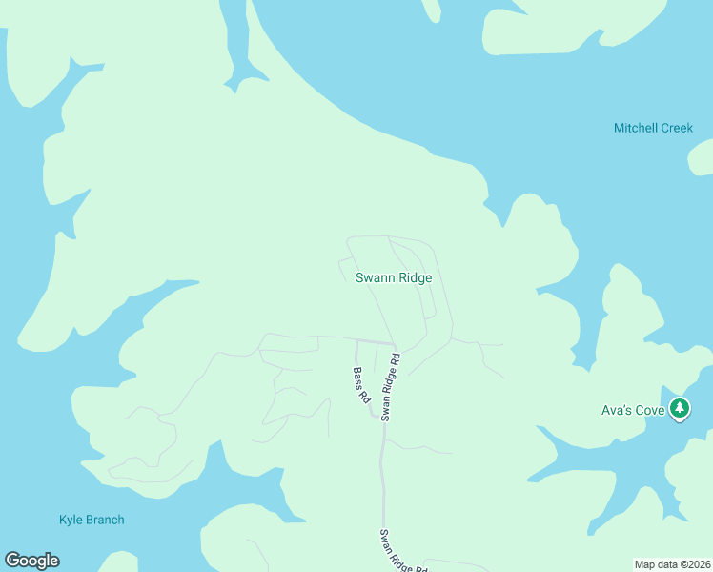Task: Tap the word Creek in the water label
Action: tap(677, 128)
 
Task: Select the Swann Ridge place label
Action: tap(394, 278)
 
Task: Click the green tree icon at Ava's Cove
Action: tap(679, 410)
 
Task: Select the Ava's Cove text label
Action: tap(632, 411)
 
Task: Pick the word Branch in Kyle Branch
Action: tap(105, 520)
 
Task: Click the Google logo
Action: tap(31, 561)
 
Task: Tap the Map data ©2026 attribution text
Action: tap(672, 563)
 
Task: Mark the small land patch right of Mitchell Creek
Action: tap(702, 157)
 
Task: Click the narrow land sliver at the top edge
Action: tap(433, 10)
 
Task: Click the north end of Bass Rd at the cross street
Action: tap(356, 340)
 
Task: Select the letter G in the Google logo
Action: tap(12, 561)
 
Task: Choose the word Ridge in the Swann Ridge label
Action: tap(415, 278)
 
